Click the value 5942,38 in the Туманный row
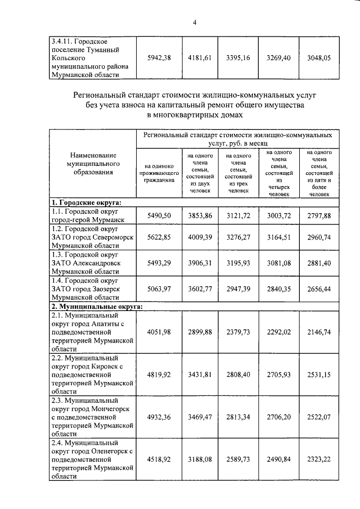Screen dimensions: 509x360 [158, 58]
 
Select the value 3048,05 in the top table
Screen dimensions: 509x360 [318, 58]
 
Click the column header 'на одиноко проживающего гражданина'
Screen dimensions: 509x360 [158, 173]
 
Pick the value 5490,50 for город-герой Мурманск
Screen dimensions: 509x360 [158, 216]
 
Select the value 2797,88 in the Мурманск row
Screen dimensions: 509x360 [318, 216]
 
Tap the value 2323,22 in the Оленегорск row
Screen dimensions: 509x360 [318, 460]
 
